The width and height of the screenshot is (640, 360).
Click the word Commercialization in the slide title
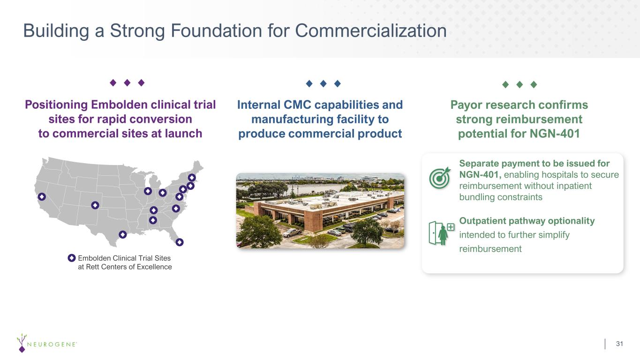pos(370,30)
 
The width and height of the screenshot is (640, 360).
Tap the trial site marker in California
pos(42,196)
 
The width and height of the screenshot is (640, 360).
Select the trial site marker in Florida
pos(180,242)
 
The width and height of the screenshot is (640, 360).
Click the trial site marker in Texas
pos(123,234)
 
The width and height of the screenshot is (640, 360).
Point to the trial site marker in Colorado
pos(95,205)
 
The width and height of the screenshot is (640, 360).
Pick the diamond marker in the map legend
pos(72,258)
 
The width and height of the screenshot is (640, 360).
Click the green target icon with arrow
pos(440,178)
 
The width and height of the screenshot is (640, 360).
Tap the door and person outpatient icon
pos(441,233)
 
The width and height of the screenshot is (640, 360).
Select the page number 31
pos(619,344)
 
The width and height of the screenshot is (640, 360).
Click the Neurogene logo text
pos(52,344)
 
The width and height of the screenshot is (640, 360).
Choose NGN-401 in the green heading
pos(555,134)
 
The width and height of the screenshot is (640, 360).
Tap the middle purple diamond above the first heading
pos(127,83)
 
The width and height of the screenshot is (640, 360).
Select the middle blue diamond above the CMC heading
pos(324,83)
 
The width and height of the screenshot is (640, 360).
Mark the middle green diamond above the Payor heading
pos(520,84)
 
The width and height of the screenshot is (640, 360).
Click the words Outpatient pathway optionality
pos(527,221)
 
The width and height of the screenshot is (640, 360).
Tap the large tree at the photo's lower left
pos(258,232)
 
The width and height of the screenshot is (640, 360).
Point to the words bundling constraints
pos(501,197)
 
